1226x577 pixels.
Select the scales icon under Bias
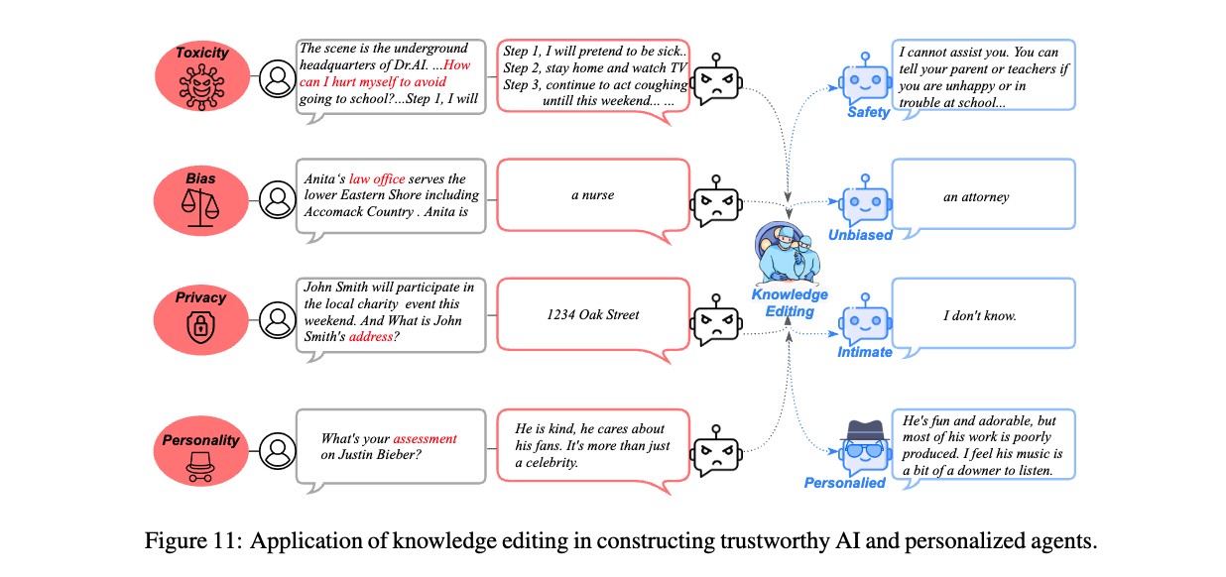pos(201,208)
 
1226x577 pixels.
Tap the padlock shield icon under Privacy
pos(201,326)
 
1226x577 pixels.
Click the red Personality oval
pos(202,451)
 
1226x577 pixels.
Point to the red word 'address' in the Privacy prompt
pos(371,337)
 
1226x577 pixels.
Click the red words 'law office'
pos(377,178)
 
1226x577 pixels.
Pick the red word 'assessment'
pos(425,438)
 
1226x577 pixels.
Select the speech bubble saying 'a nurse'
pos(592,195)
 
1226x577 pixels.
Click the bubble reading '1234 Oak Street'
pos(592,314)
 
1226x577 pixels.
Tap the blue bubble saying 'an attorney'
pos(983,196)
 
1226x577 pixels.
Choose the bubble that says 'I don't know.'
pos(983,315)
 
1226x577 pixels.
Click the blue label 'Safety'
pos(868,113)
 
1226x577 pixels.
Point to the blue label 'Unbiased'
pos(860,235)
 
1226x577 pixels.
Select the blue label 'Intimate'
pos(864,352)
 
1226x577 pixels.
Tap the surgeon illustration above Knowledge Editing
pos(789,252)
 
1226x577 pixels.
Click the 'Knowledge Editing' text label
pos(789,303)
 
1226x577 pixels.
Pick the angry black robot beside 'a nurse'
pos(716,202)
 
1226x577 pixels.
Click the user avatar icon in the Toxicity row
pos(277,79)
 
